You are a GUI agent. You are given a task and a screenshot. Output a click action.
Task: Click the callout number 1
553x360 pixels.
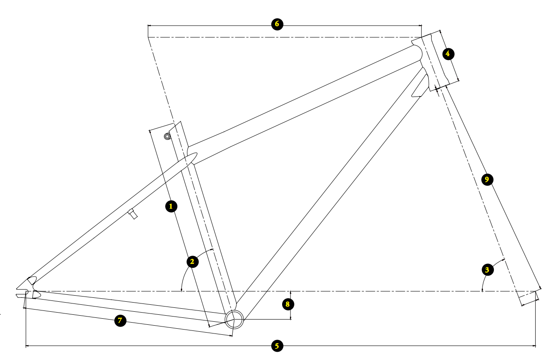[171, 206]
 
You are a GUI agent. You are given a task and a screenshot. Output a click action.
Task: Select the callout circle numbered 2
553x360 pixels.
[192, 261]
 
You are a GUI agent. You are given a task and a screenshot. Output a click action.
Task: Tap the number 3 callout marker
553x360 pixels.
[488, 270]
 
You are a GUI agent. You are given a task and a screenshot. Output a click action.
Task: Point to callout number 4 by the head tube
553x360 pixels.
[448, 54]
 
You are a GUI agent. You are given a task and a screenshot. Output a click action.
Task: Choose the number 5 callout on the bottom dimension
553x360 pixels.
[277, 346]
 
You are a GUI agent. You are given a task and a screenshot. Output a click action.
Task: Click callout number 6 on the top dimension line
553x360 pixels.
[277, 24]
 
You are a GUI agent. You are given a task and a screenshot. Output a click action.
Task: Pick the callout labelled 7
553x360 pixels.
[120, 320]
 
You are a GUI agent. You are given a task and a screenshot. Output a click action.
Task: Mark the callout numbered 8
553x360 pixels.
[288, 304]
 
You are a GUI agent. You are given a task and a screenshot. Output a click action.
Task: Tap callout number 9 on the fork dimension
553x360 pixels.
[487, 179]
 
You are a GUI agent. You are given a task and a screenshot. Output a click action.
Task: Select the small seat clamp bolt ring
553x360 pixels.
[167, 136]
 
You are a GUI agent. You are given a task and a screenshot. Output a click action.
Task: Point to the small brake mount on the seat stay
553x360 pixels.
[133, 213]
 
